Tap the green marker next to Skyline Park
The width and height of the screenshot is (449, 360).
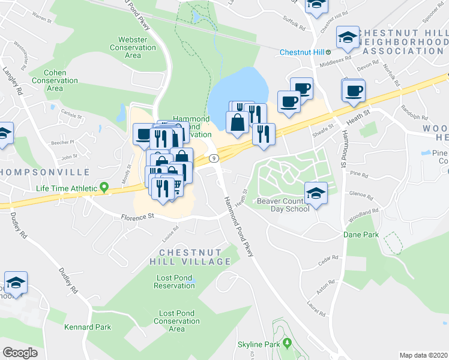pyautogui.click(x=287, y=344)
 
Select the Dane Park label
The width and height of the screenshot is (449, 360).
pyautogui.click(x=361, y=235)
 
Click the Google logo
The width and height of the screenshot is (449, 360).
pyautogui.click(x=20, y=353)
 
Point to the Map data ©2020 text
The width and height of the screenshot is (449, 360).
pyautogui.click(x=423, y=355)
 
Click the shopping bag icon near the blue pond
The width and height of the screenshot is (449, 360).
pyautogui.click(x=238, y=122)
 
